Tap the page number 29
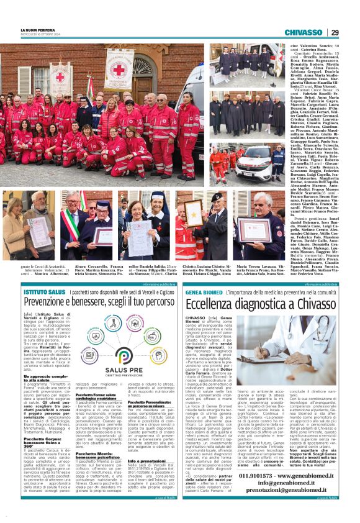(x=335, y=32)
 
